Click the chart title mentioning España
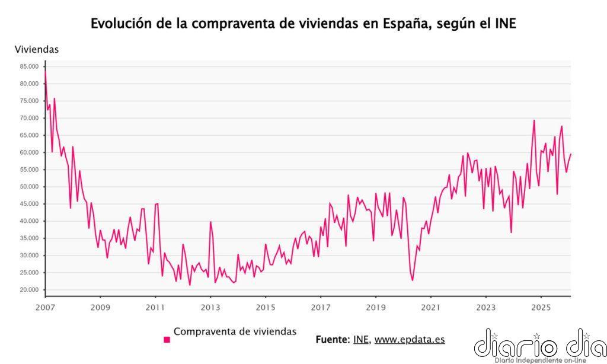click(303, 24)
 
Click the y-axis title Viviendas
click(37, 50)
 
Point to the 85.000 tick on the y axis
click(29, 66)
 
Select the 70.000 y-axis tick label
click(29, 118)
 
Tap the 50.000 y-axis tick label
click(29, 187)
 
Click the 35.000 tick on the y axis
click(29, 238)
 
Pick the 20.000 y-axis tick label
click(29, 290)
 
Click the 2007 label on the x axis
click(45, 307)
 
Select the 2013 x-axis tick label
click(210, 307)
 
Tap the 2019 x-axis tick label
click(376, 307)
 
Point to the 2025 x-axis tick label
click(541, 307)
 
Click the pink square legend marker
click(167, 340)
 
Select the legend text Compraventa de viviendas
click(235, 332)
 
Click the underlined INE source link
click(360, 340)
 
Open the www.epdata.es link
click(409, 340)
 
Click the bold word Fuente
click(332, 340)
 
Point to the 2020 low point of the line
click(413, 280)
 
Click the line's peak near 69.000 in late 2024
click(533, 120)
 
